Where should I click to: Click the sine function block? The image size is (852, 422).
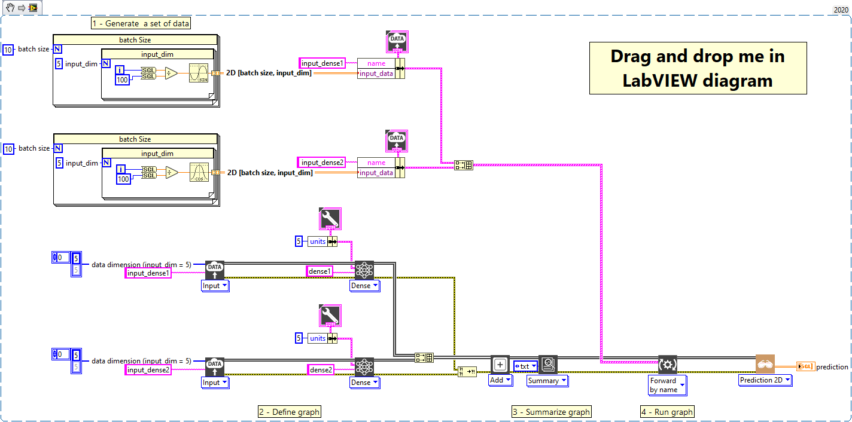[199, 73]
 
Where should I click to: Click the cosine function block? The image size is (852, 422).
[199, 172]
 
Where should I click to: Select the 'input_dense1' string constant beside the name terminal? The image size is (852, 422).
[322, 63]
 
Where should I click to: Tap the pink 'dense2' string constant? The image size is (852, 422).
[321, 369]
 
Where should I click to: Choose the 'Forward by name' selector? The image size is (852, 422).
[668, 385]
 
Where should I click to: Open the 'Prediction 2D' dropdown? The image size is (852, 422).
[765, 380]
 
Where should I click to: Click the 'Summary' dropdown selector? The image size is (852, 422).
[547, 381]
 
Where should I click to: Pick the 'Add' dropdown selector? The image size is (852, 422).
[501, 380]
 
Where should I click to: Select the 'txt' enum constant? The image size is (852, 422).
[526, 366]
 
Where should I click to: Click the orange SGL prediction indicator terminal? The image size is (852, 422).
[805, 366]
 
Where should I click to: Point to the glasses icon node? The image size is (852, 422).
[765, 364]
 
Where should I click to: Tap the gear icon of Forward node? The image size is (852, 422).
[668, 365]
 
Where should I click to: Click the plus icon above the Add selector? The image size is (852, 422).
[500, 365]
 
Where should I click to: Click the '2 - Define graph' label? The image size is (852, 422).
[290, 412]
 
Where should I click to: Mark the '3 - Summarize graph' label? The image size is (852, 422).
[552, 412]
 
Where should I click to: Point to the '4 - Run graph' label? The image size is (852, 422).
[668, 412]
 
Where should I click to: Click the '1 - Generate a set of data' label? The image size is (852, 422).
[141, 23]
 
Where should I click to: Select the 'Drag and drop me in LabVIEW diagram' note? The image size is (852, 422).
[698, 68]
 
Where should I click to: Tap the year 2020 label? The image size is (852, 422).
[841, 10]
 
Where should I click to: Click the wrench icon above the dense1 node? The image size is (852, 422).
[330, 218]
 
